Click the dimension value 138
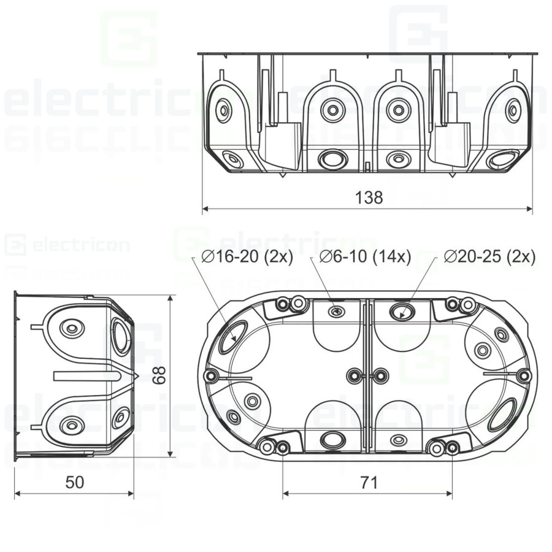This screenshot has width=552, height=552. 369,197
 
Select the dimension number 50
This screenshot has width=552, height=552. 74,483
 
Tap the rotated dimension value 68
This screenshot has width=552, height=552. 160,375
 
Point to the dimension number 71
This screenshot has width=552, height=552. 368,483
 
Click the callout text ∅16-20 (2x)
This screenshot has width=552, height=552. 247,257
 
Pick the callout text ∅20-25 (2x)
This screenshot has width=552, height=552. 489,257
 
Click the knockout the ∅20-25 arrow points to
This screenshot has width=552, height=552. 402,311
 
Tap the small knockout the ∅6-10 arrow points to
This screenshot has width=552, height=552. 336,312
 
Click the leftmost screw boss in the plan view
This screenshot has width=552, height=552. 212,375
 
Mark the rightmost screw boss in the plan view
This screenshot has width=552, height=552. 523,375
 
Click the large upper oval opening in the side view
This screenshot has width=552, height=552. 121,337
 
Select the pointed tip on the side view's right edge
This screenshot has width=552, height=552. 139,376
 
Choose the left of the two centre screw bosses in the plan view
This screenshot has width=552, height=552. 353,375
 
